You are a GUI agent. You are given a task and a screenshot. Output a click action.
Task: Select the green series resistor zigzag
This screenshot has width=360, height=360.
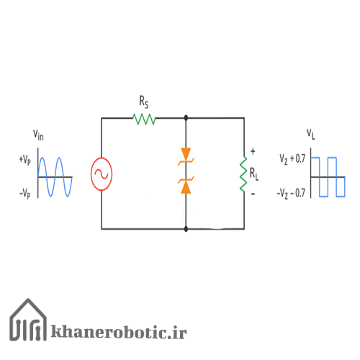coord(144,119)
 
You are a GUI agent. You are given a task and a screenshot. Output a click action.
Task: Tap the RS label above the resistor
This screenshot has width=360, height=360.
coord(144,102)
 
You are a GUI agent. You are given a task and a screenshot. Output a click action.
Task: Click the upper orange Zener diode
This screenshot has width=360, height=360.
coord(186,156)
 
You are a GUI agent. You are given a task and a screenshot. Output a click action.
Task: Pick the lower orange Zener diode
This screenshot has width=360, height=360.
coord(186,185)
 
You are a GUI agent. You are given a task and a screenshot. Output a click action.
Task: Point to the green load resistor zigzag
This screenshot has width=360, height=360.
coord(243,174)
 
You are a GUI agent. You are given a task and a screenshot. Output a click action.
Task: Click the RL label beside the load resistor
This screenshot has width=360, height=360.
coord(254,174)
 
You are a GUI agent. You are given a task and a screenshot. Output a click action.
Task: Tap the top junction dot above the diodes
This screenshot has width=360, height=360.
coord(186,118)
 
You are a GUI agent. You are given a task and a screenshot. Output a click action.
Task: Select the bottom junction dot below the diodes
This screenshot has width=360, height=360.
coord(186,229)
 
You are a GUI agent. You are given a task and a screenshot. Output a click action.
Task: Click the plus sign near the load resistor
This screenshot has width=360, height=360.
coord(253,151)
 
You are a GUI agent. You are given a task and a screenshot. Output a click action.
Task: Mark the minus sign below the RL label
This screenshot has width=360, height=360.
coord(253,194)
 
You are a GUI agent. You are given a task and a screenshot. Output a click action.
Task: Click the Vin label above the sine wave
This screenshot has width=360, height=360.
coord(38,135)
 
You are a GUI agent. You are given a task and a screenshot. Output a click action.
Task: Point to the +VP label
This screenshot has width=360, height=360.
coord(25,160)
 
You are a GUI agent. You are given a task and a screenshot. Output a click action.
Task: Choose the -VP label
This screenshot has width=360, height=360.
coord(25,193)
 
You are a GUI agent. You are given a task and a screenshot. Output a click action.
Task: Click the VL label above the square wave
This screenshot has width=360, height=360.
coord(311,135)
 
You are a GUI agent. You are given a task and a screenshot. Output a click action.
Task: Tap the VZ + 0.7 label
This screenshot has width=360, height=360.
coord(292,159)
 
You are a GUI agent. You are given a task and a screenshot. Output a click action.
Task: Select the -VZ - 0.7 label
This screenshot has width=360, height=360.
coord(291,194)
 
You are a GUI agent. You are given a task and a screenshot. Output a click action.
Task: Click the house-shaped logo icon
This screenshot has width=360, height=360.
coord(28,320)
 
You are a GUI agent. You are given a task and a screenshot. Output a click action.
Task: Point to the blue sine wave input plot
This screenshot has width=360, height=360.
coord(55,177)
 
